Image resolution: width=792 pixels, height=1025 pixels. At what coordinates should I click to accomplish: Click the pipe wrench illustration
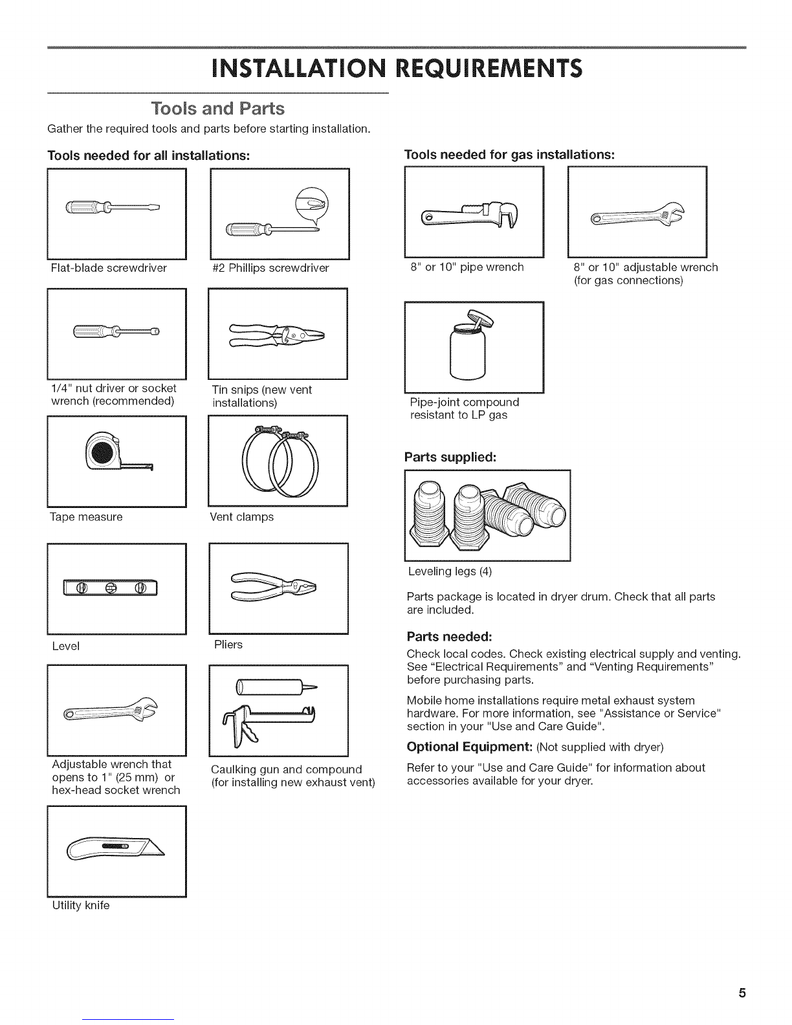[474, 216]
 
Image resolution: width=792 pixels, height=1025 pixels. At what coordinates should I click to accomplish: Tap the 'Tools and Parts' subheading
[217, 108]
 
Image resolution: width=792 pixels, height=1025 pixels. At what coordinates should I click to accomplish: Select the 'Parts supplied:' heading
[450, 456]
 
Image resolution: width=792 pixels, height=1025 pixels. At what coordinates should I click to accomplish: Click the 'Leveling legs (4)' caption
[450, 571]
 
